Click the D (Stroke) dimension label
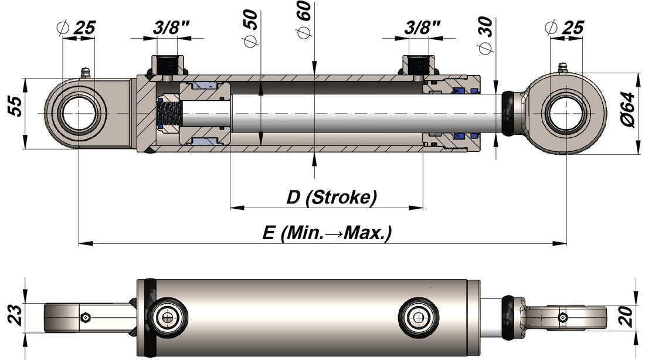[x=331, y=198]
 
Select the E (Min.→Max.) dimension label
[x=327, y=233]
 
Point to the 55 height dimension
[x=16, y=106]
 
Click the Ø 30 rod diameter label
[x=486, y=35]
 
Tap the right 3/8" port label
[x=422, y=28]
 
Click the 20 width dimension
[x=627, y=317]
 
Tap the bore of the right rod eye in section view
[x=566, y=113]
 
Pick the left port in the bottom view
[x=169, y=317]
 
